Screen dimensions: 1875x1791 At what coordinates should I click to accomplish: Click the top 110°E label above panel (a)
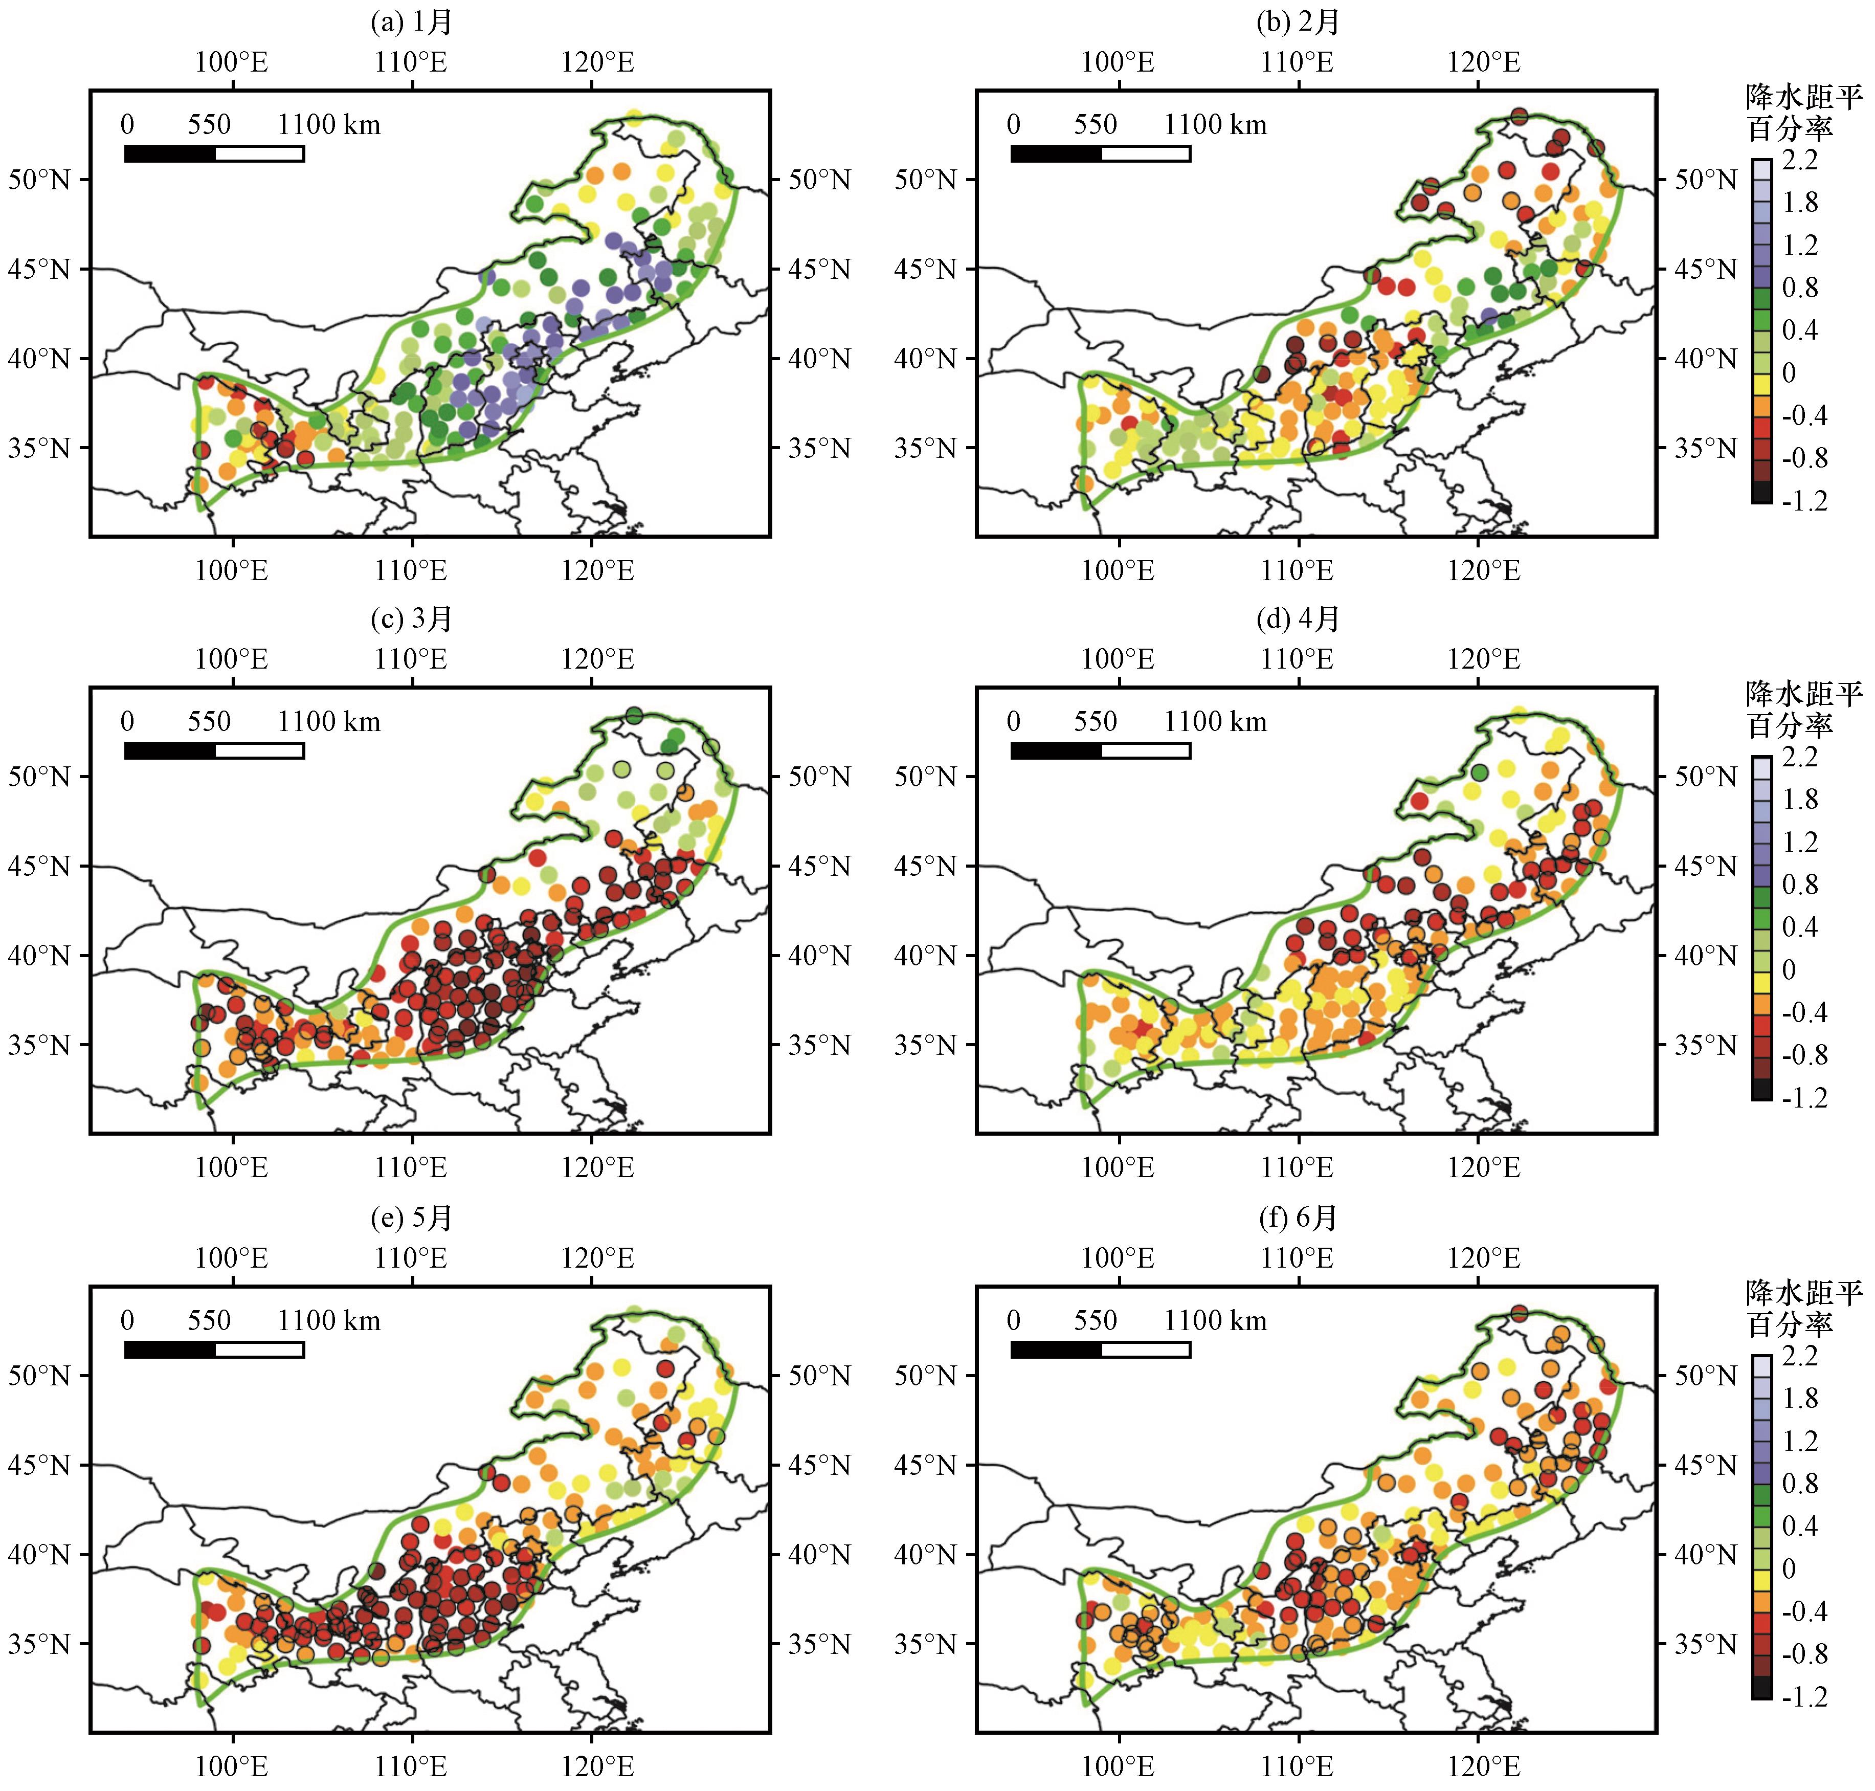click(412, 62)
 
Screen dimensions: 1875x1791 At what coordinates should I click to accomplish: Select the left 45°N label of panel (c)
click(39, 866)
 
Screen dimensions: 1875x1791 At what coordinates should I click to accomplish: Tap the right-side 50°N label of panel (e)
click(819, 1376)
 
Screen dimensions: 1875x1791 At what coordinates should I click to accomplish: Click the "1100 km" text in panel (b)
click(1215, 124)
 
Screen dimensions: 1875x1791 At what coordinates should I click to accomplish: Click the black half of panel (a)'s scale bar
click(170, 153)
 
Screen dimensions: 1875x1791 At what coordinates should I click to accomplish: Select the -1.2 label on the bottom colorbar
click(1804, 1696)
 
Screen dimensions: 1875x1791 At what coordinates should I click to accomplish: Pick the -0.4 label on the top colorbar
click(1804, 415)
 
